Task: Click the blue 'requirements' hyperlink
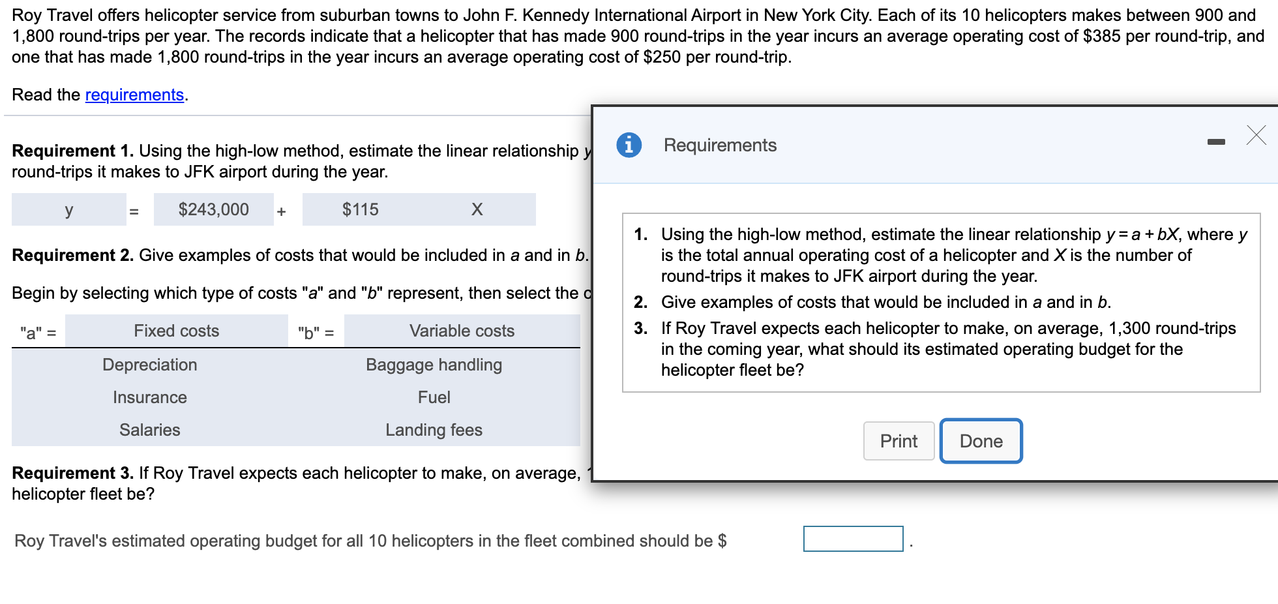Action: pos(134,95)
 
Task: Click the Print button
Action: pos(899,442)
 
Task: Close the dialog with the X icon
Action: pos(1256,135)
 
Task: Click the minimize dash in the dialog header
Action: pos(1215,142)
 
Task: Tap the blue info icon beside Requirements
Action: pos(629,145)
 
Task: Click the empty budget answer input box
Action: pos(853,539)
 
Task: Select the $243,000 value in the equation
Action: pos(214,210)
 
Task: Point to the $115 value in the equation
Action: pos(360,210)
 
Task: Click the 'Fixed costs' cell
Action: pos(176,331)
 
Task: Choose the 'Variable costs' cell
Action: pos(462,331)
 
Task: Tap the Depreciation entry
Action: pos(150,365)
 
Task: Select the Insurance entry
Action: pos(150,398)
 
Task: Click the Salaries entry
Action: pos(150,430)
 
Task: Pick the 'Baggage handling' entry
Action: pos(434,365)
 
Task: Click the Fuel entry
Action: pos(434,398)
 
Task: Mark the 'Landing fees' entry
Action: pos(434,430)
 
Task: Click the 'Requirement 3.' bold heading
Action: pos(72,474)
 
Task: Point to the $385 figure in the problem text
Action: pos(1101,37)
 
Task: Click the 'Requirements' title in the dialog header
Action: pos(720,145)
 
